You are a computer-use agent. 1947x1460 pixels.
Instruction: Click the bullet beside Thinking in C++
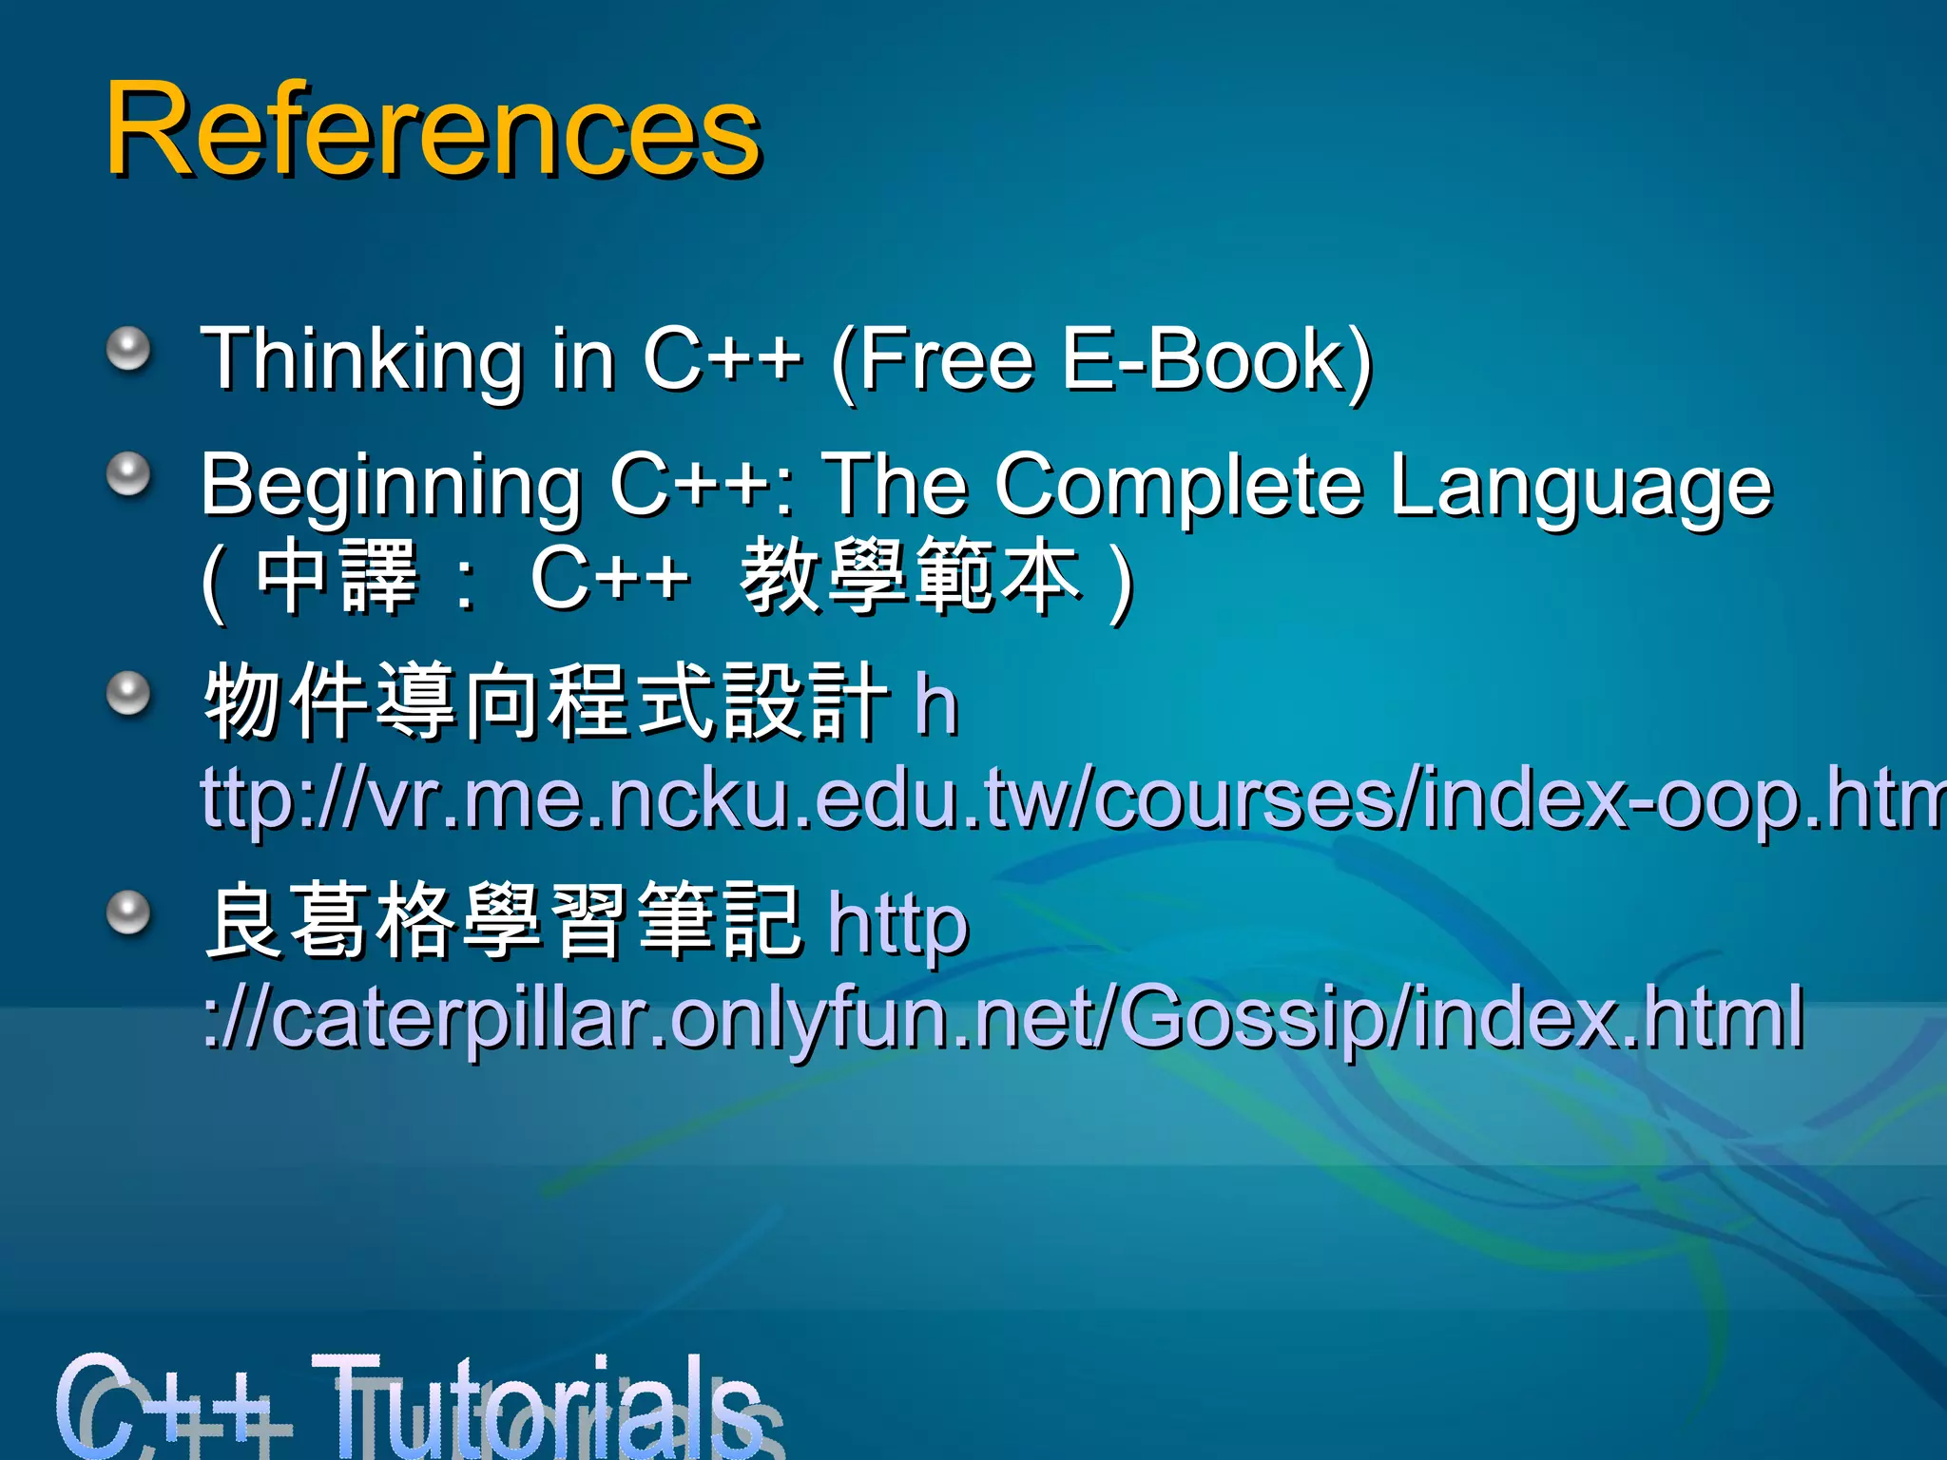(x=128, y=349)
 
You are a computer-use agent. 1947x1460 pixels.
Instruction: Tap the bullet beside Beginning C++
(x=128, y=474)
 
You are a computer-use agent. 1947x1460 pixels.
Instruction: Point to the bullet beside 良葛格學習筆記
(x=128, y=913)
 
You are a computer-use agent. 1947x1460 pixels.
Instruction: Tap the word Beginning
(x=391, y=487)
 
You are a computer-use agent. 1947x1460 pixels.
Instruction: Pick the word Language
(x=1581, y=487)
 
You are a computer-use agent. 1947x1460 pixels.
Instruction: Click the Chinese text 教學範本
(x=910, y=576)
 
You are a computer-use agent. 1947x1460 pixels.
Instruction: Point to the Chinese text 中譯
(x=337, y=576)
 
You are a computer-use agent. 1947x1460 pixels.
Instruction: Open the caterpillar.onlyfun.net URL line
(x=1004, y=1016)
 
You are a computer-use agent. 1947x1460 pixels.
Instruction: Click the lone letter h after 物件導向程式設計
(x=936, y=705)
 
